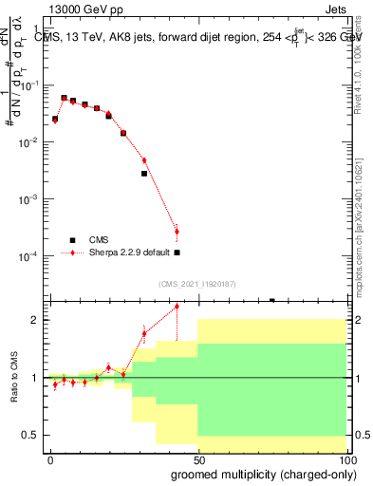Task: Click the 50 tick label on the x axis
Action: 197,459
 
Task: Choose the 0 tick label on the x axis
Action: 50,459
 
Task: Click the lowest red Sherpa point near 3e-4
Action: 177,231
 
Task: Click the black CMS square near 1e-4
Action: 177,252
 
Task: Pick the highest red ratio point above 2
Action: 177,306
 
